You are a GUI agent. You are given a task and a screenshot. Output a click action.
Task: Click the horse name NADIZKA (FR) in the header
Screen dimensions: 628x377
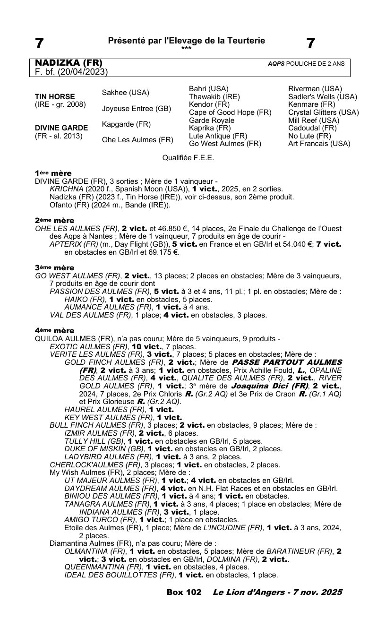point(69,63)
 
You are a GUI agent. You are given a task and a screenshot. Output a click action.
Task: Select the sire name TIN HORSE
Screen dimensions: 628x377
point(55,96)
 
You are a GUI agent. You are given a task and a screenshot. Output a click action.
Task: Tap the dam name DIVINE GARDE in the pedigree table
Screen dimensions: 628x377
point(61,128)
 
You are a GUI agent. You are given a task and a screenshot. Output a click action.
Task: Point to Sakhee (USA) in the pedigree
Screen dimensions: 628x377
point(126,92)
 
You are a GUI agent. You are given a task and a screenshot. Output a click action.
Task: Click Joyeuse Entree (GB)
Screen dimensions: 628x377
point(137,108)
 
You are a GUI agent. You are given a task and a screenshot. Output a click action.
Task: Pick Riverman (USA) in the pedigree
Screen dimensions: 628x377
point(315,88)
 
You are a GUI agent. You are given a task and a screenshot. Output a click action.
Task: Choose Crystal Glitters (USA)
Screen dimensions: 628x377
point(323,112)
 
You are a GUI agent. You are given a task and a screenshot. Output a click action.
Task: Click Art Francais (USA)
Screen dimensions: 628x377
point(319,144)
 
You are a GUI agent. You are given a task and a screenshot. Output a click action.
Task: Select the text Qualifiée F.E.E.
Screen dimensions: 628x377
point(188,158)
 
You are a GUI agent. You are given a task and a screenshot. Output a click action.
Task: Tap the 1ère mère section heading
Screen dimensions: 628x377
point(53,173)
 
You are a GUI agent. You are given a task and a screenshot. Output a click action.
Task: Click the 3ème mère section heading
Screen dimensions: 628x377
point(55,267)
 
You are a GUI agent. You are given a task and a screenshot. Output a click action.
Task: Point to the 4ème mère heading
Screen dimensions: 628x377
point(55,330)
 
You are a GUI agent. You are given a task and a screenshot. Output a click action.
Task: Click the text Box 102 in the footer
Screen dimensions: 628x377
point(184,592)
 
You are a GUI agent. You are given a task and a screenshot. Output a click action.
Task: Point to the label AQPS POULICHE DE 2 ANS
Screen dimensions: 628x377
point(306,64)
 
